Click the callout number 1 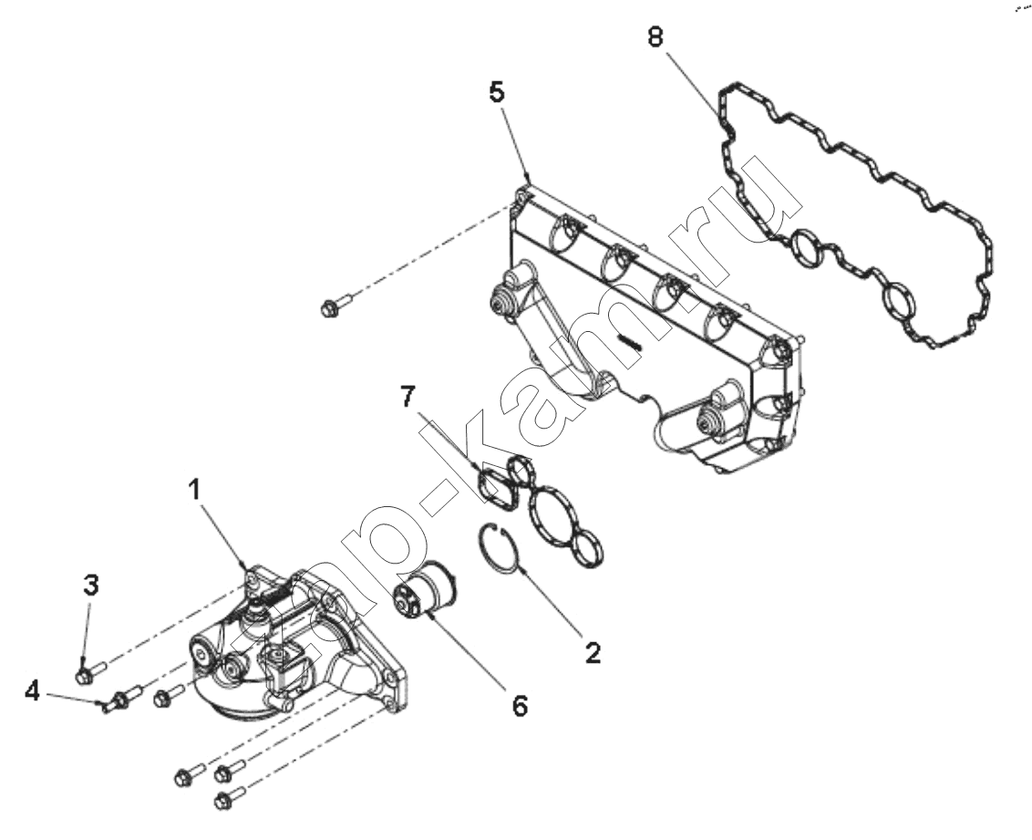click(x=194, y=490)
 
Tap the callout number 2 click(x=593, y=652)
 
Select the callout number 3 click(x=91, y=585)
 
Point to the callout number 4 click(x=32, y=691)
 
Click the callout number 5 click(x=497, y=92)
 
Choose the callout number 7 click(x=408, y=396)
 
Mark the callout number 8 click(x=655, y=36)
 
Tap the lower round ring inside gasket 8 click(x=899, y=303)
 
